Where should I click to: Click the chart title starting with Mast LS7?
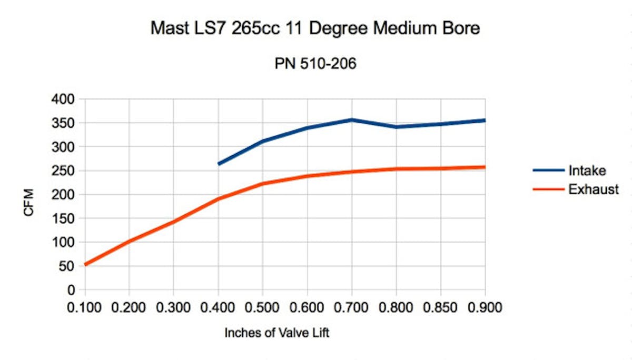315,28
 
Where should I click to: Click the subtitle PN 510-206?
315,64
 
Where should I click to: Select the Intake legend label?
587,171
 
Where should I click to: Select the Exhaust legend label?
593,189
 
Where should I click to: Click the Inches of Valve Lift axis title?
276,333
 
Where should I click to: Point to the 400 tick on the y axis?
66,99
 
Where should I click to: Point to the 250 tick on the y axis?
66,171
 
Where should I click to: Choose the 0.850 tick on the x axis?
440,307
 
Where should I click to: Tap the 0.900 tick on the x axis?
485,307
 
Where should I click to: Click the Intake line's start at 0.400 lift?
219,164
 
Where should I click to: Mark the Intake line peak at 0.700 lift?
352,120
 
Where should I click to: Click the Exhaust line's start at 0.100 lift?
85,264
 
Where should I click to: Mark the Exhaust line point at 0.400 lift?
219,199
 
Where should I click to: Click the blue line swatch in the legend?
548,171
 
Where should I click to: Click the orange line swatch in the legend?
548,189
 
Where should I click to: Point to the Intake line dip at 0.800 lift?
396,127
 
